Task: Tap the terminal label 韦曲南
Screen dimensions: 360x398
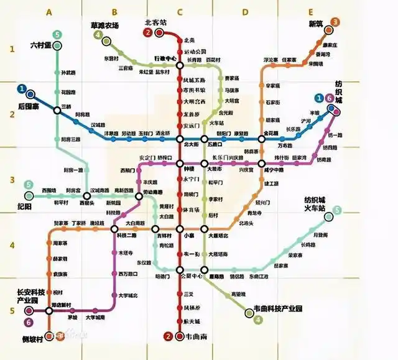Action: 186,337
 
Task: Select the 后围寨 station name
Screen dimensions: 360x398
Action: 29,106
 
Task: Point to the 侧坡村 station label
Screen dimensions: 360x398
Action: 32,339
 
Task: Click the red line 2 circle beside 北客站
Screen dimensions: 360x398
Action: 148,33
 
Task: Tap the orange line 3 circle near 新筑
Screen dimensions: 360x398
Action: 335,22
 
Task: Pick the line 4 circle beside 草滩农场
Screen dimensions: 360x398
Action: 98,35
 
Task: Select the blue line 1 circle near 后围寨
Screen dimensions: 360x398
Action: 22,89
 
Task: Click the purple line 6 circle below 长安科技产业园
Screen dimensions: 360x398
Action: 29,321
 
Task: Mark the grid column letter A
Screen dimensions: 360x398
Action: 50,12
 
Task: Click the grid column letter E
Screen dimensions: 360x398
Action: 310,12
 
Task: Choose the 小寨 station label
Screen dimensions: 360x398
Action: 189,236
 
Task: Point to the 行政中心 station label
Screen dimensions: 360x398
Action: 165,58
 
